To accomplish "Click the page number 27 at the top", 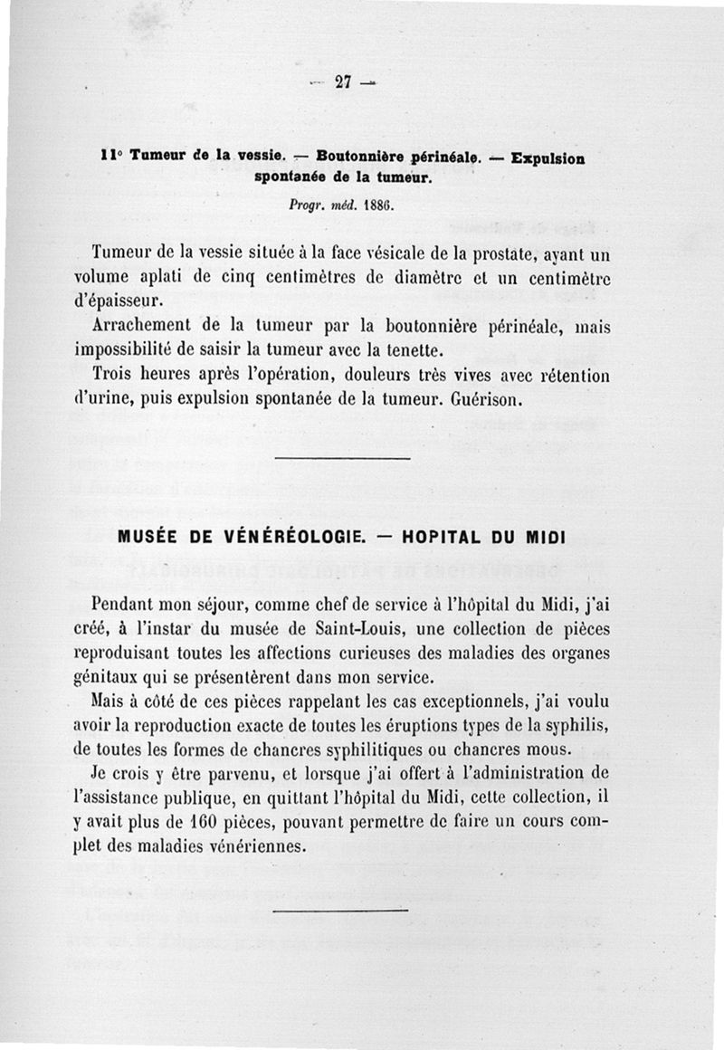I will pos(343,81).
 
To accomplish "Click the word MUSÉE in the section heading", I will pos(148,536).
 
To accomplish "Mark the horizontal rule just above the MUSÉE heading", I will pos(341,459).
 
